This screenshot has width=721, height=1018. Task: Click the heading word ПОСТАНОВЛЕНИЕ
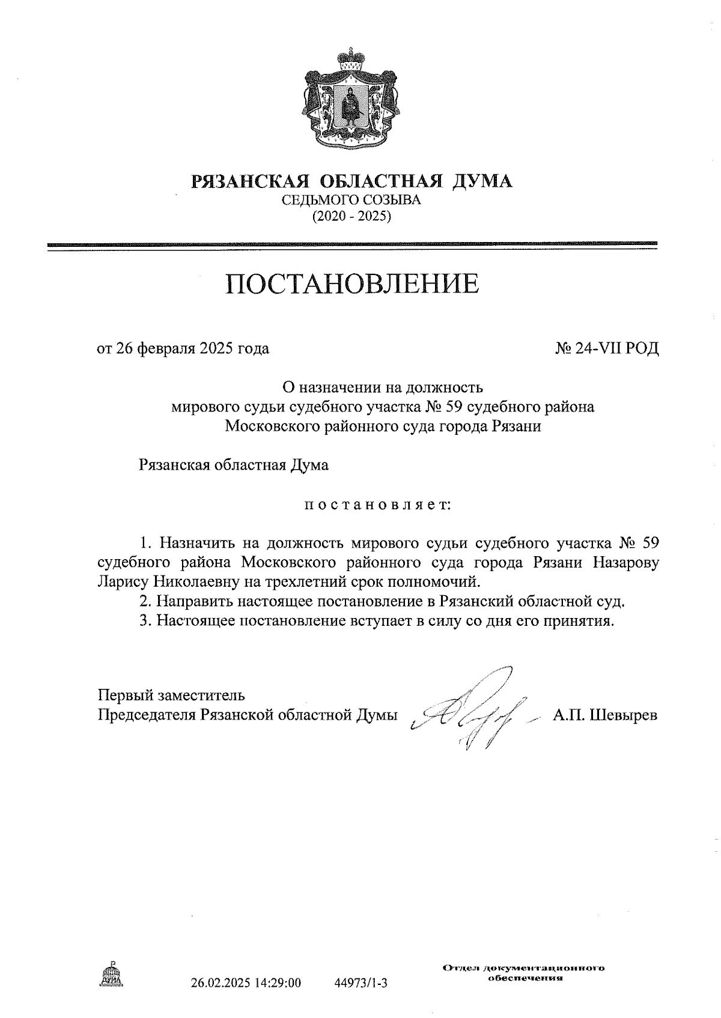click(352, 283)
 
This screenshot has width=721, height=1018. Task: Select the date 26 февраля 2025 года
click(183, 348)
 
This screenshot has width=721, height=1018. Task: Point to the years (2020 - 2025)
click(351, 216)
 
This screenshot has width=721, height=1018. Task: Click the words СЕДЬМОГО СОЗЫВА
click(351, 200)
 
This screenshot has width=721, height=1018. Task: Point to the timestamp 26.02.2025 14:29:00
click(246, 983)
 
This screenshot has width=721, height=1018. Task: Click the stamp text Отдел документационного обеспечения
click(523, 973)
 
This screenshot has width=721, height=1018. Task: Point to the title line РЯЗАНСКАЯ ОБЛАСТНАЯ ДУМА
click(351, 181)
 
